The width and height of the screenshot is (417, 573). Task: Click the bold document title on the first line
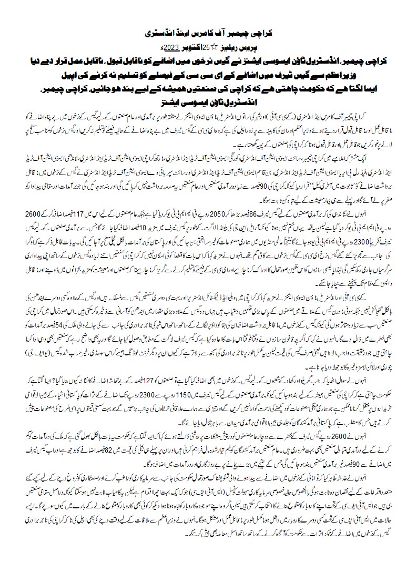point(209,33)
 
